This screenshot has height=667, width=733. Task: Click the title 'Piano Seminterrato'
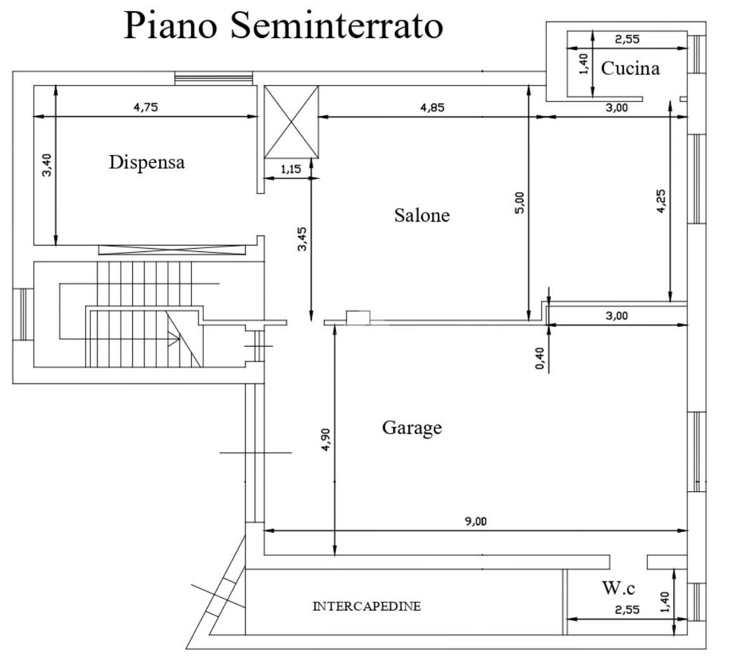pos(283,25)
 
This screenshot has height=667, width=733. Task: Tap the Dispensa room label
pos(147,162)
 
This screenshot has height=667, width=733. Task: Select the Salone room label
pos(422,216)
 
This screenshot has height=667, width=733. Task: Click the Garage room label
pos(412,428)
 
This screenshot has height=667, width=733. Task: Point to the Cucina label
pos(630,69)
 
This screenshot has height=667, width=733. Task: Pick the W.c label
pos(619,588)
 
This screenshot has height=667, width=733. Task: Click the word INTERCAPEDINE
pos(366,607)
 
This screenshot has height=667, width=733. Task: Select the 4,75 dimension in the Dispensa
pos(145,107)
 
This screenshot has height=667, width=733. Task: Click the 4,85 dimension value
pos(432,107)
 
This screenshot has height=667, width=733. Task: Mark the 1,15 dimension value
pos(292,169)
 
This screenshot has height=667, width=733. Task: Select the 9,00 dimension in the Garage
pos(476,522)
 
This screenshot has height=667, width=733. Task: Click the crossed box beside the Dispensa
pos(291,122)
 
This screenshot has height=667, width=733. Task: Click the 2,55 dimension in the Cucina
pos(627,39)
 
